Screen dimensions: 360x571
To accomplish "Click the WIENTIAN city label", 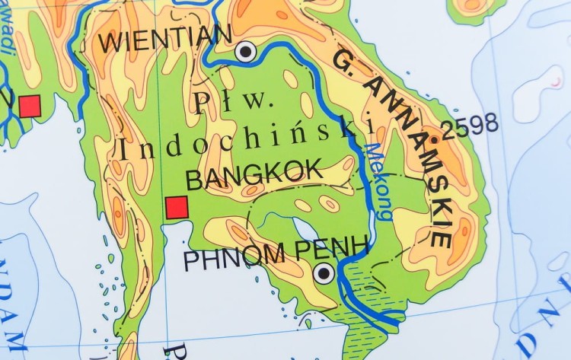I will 164,38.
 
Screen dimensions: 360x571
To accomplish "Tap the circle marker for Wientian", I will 245,51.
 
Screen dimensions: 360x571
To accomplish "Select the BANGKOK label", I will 254,175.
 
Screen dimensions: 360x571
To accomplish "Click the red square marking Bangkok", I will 177,207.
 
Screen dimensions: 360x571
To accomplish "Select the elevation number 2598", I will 470,126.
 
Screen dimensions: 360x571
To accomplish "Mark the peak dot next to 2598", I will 434,139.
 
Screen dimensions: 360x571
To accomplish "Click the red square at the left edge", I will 30,106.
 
